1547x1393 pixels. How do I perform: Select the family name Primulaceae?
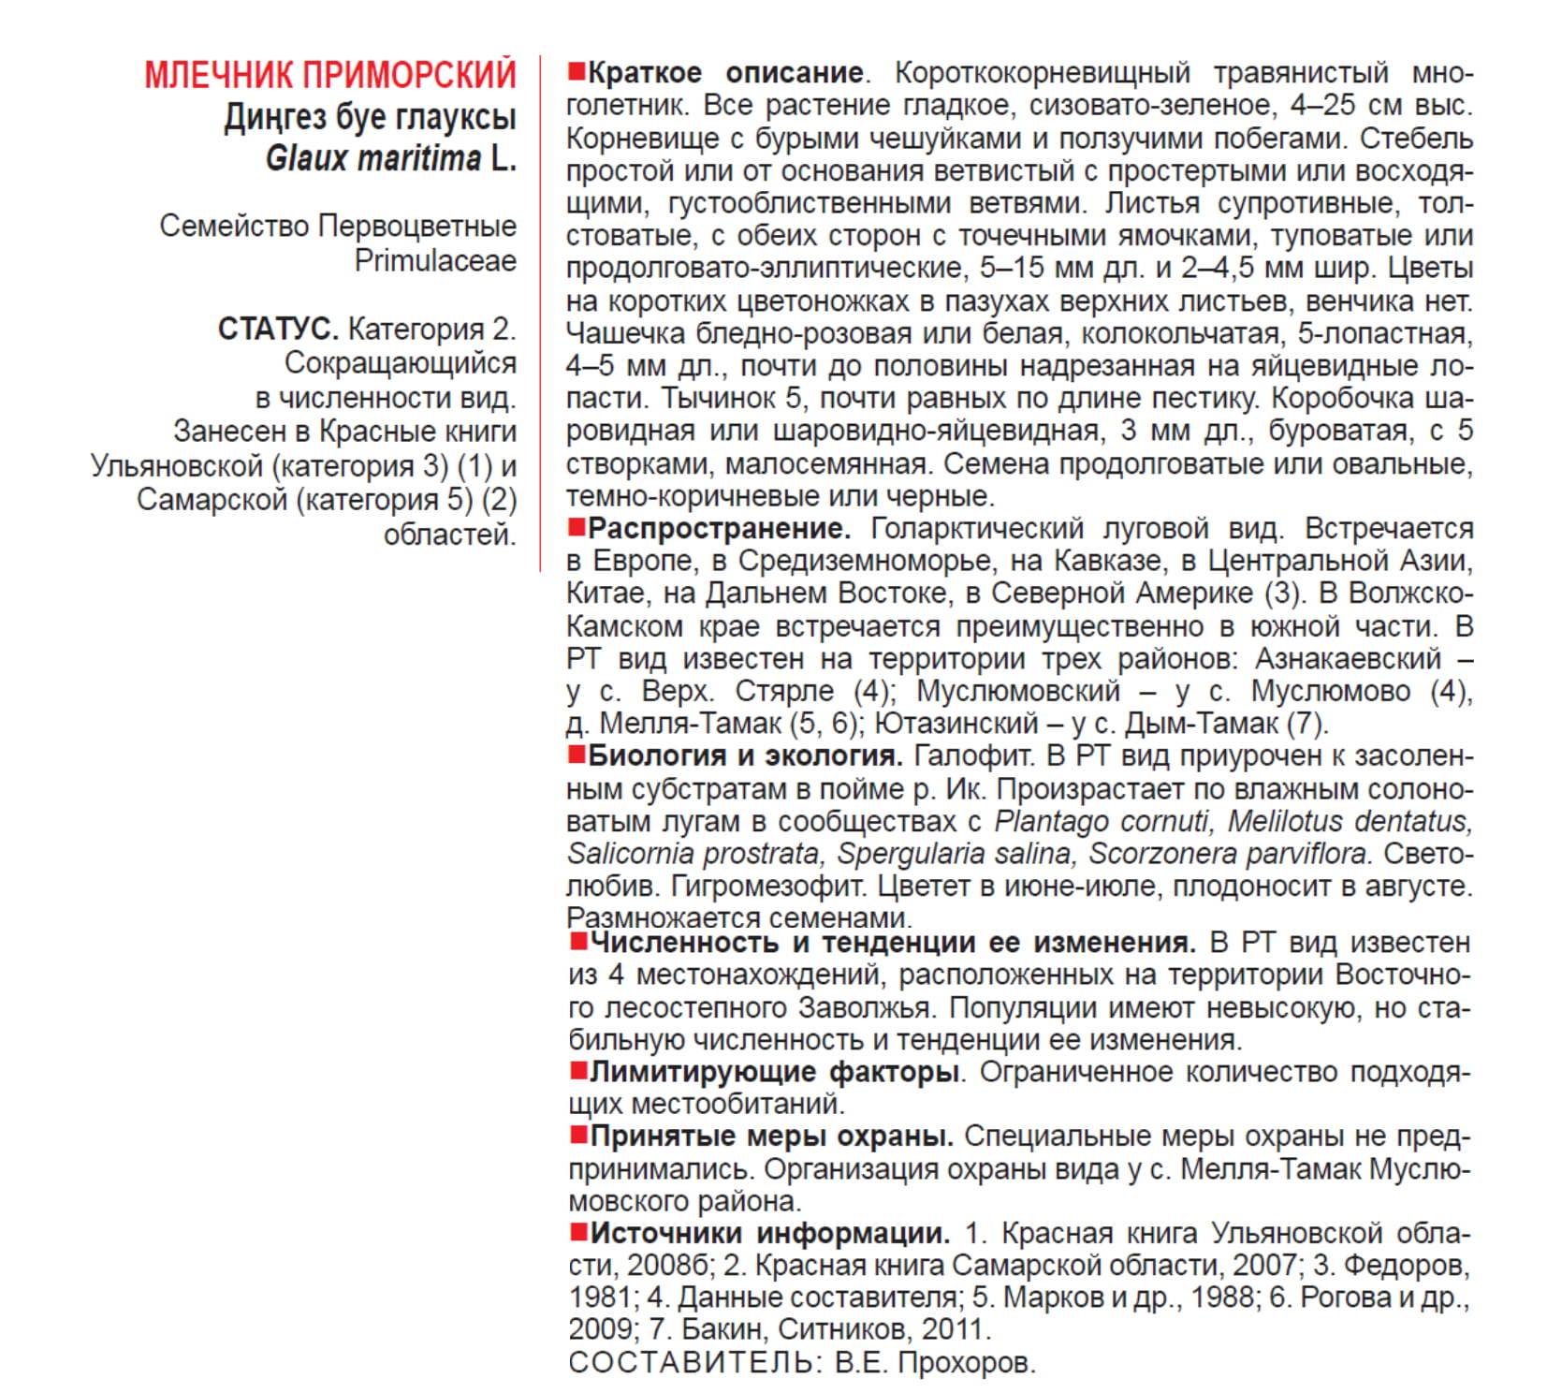pos(435,260)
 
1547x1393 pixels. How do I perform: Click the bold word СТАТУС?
pos(278,329)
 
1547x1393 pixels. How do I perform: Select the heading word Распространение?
pos(719,528)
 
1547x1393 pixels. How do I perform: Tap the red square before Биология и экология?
pos(576,754)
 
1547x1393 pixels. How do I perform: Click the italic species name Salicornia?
pos(629,854)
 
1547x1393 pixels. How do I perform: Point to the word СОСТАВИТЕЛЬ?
pos(690,1362)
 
